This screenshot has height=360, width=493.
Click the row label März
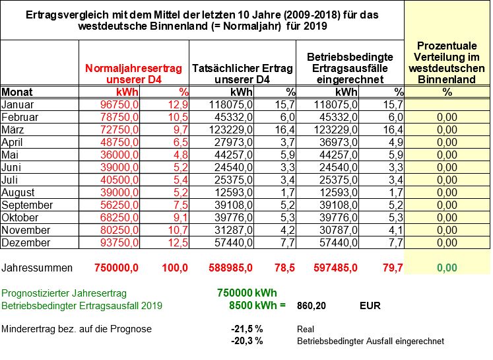coord(13,129)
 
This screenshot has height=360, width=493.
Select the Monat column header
coord(17,92)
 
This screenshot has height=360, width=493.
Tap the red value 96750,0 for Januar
coord(119,104)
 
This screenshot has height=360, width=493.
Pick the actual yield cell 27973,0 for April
coord(234,142)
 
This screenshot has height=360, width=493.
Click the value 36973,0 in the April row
coord(339,142)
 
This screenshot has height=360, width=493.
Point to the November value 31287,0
coord(234,230)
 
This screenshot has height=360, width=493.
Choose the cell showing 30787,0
coord(339,230)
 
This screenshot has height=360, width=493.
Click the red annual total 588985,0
coord(230,268)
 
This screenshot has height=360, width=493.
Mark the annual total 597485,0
coord(335,268)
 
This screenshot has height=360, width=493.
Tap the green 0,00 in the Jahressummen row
coord(447,268)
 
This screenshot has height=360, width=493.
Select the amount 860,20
coord(312,306)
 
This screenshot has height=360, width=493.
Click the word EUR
coord(370,306)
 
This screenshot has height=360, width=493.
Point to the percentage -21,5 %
coord(247,329)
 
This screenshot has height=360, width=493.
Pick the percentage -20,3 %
coord(247,341)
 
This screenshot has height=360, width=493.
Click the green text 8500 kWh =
coord(257,305)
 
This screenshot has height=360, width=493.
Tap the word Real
coord(306,329)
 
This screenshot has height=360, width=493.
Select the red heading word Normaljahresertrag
coord(133,68)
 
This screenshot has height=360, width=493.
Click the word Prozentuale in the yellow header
coord(447,46)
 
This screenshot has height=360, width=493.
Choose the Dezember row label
coord(26,242)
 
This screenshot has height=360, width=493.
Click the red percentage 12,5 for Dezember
coord(178,242)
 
